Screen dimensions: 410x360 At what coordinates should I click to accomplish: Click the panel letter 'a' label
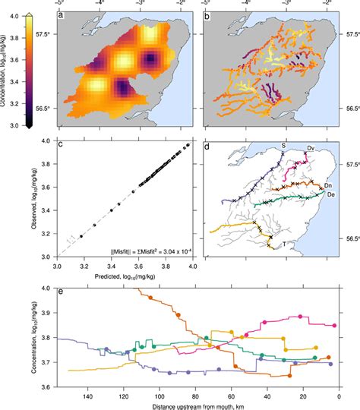coord(61,16)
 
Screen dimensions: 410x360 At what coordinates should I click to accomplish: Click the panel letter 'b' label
coord(209,16)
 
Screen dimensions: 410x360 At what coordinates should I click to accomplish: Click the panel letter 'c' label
coord(61,146)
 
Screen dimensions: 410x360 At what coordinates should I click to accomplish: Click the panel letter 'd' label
coord(209,146)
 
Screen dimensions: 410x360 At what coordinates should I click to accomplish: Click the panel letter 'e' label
coord(61,293)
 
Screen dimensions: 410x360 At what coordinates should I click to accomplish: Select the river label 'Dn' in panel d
coord(328,184)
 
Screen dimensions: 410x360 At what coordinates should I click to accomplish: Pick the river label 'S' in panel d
coord(283,144)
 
